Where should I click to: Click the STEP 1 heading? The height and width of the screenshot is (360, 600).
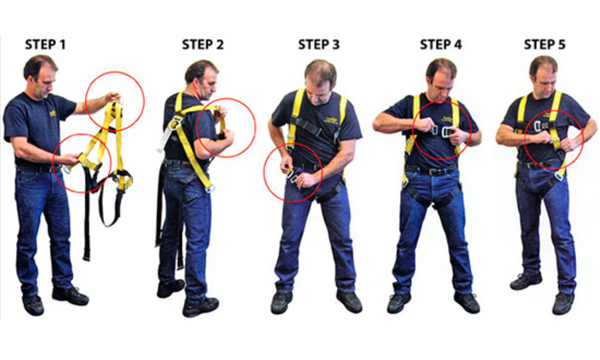[x=45, y=45]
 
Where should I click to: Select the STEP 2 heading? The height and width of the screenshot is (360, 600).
[x=203, y=45]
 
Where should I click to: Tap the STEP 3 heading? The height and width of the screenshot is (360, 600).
[x=319, y=45]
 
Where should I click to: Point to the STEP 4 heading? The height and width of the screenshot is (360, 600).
[x=441, y=45]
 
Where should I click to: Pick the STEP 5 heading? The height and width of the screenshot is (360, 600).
[x=545, y=45]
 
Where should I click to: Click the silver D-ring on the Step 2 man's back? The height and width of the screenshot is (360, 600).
[x=175, y=124]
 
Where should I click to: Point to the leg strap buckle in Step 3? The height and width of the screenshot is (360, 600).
[x=292, y=176]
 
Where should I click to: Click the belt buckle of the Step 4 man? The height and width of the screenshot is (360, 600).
[x=432, y=171]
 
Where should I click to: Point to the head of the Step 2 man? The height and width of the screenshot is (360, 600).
[x=201, y=79]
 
